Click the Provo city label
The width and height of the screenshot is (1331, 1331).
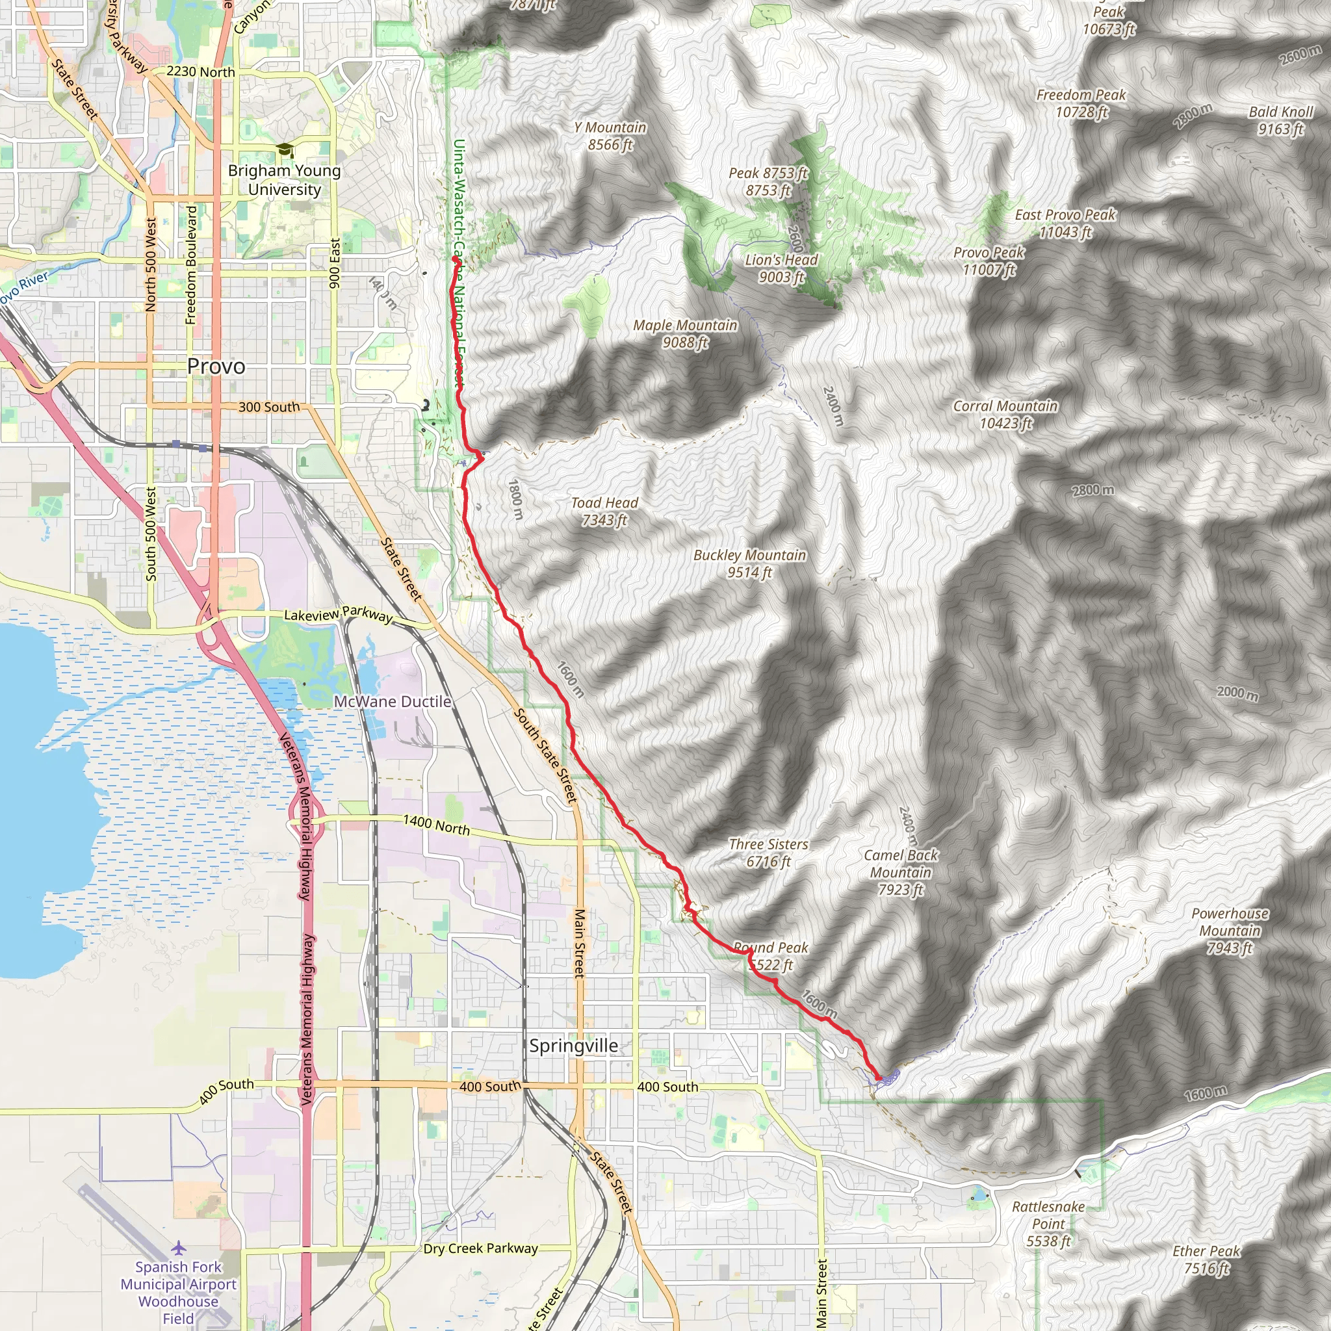click(x=216, y=367)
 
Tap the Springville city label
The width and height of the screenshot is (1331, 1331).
click(x=573, y=1046)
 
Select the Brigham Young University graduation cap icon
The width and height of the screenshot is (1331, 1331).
click(x=285, y=150)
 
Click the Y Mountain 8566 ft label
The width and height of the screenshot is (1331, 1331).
click(x=610, y=136)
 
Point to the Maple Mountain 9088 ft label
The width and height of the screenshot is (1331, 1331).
click(x=685, y=333)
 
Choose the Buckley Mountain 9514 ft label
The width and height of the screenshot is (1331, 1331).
click(x=749, y=563)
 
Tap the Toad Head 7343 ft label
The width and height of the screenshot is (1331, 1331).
click(x=604, y=511)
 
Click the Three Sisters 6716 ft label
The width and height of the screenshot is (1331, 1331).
click(x=768, y=852)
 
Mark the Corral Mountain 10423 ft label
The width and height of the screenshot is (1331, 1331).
click(x=1005, y=415)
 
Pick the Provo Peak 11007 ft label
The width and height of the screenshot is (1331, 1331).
click(x=989, y=261)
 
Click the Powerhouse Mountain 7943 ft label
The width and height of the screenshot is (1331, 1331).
click(x=1230, y=931)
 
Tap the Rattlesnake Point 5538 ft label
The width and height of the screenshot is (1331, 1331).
click(x=1048, y=1224)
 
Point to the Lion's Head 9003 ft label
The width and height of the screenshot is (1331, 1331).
click(x=781, y=268)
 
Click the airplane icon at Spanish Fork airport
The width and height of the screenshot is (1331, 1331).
click(x=179, y=1248)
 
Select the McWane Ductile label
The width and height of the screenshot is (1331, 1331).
click(x=392, y=701)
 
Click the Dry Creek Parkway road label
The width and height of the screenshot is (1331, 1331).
click(x=480, y=1248)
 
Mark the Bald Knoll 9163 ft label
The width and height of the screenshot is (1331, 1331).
click(x=1281, y=121)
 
